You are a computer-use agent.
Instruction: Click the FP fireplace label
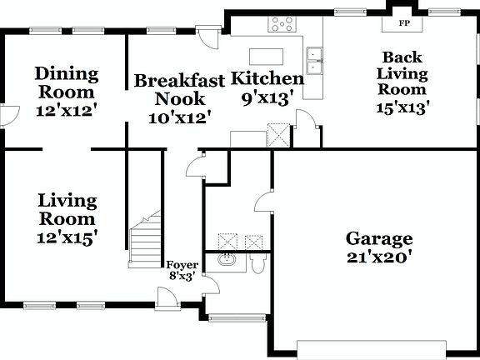(x=405, y=22)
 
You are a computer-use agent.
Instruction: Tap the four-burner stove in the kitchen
(x=281, y=24)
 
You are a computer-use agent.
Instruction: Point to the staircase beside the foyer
(x=146, y=241)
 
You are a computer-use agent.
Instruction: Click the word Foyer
(x=182, y=265)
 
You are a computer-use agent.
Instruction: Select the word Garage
(x=379, y=239)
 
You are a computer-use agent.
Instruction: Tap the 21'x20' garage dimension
(x=379, y=257)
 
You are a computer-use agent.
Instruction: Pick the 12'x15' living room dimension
(x=67, y=237)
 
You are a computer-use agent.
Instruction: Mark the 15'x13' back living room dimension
(x=404, y=108)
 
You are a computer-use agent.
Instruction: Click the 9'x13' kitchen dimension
(x=266, y=98)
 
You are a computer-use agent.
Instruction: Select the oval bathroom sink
(x=225, y=260)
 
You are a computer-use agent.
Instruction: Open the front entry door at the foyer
(x=165, y=296)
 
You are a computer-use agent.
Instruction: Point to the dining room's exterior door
(x=7, y=117)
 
